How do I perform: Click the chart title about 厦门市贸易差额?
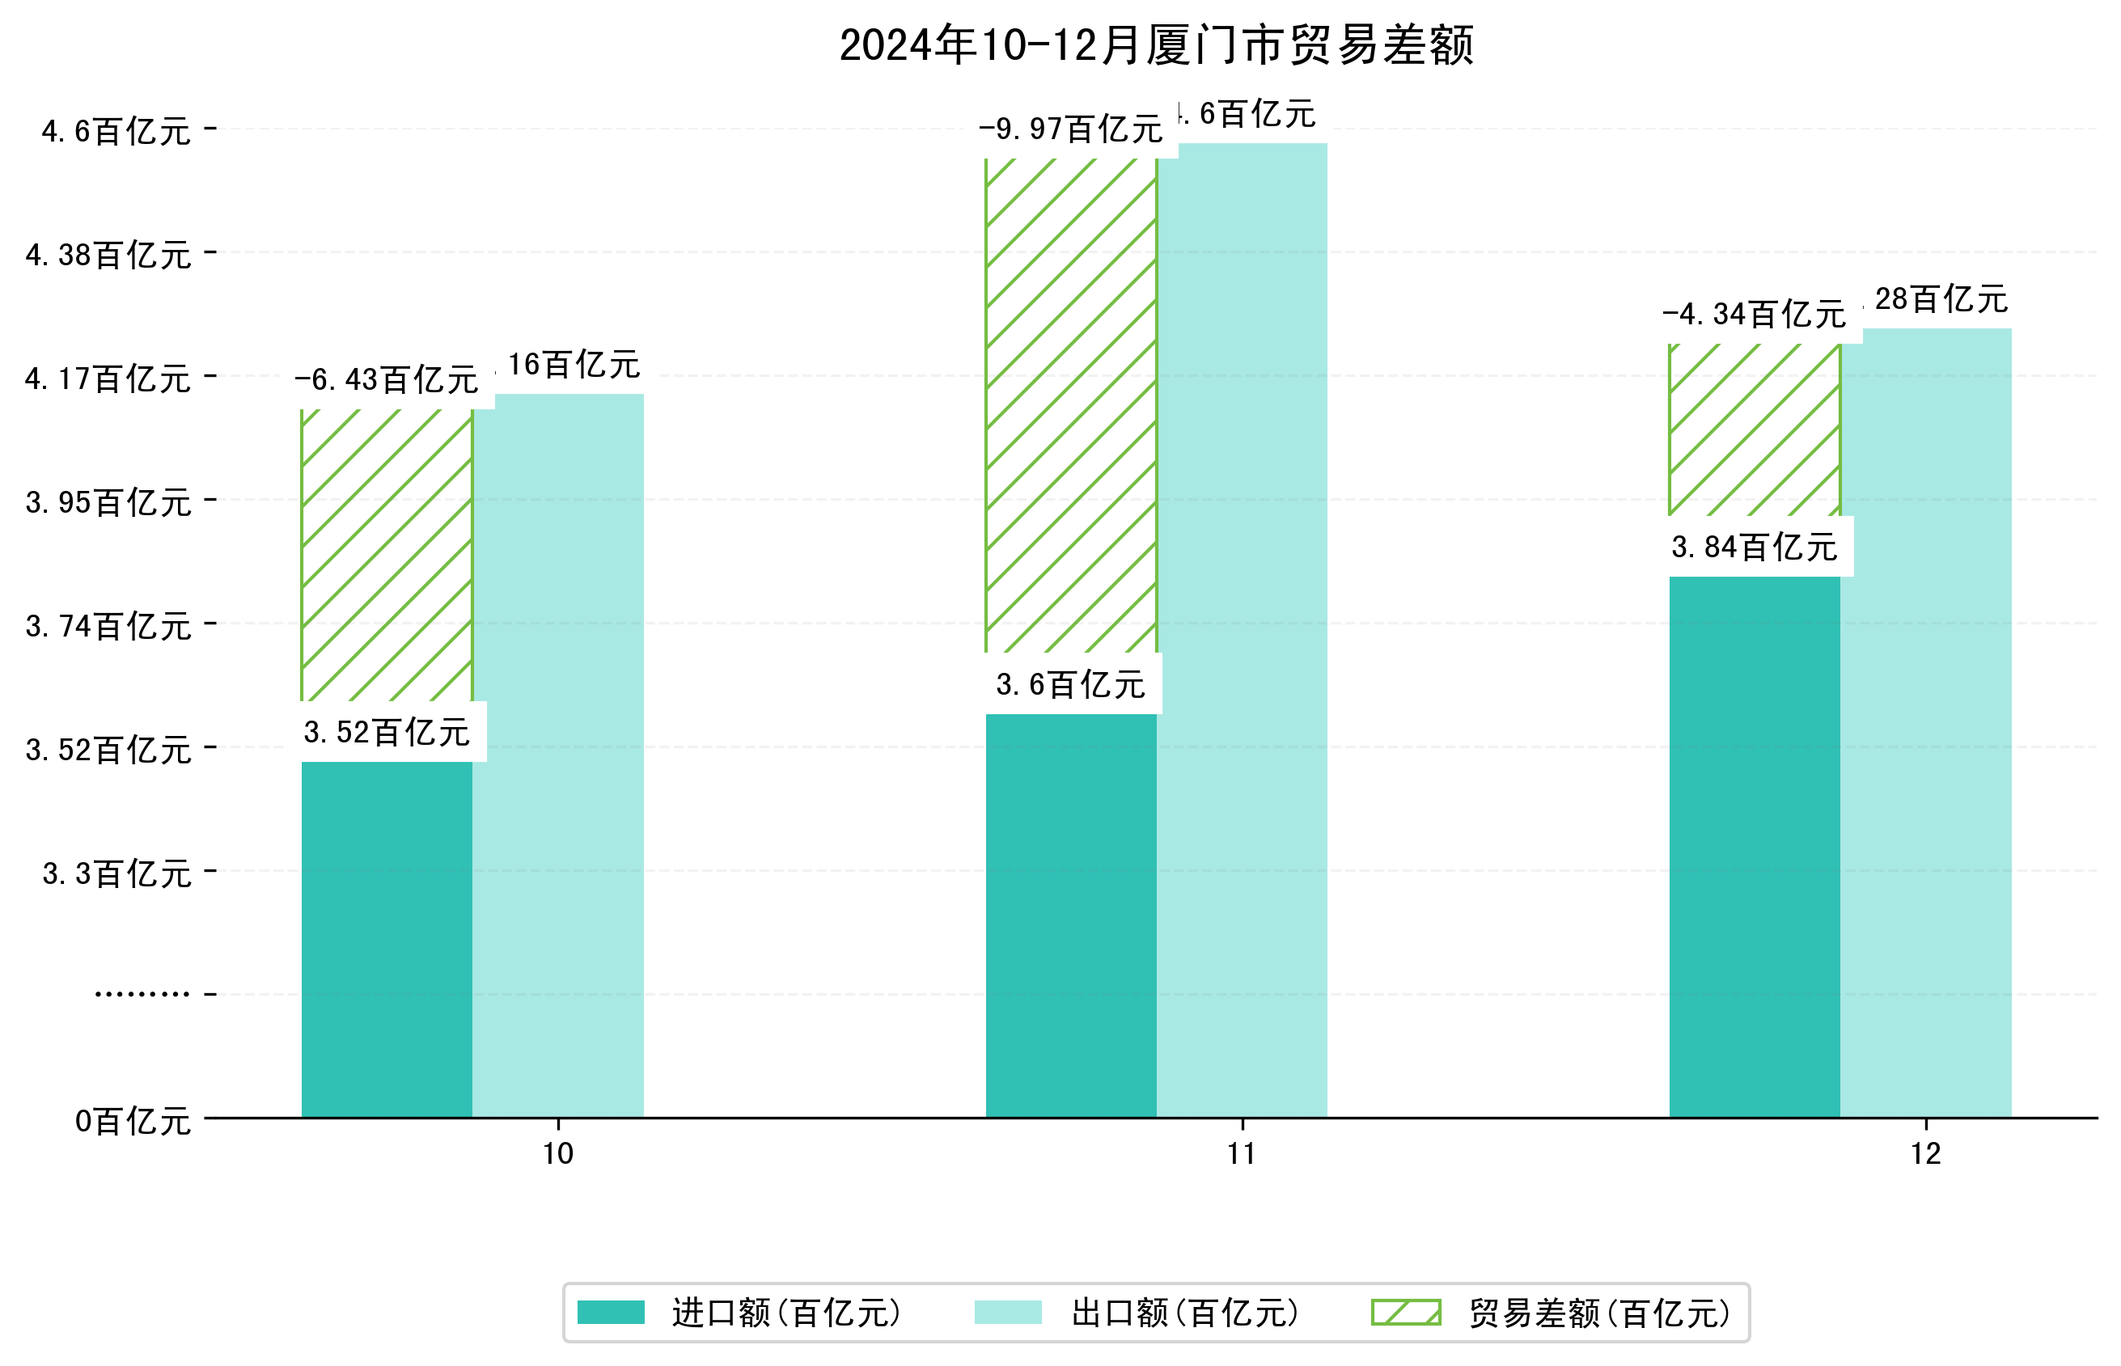click(1156, 45)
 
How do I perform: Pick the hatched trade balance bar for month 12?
click(1754, 429)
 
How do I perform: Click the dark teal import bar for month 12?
click(1754, 846)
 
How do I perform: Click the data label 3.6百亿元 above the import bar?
click(1071, 685)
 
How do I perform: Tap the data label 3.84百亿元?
click(1754, 548)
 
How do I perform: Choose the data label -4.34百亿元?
click(1754, 315)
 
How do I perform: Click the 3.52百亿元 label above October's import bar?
click(387, 733)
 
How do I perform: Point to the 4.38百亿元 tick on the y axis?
click(108, 256)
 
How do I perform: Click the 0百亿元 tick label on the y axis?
click(133, 1121)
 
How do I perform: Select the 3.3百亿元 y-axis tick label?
click(117, 873)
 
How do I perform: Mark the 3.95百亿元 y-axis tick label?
click(108, 503)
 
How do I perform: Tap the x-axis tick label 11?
click(1241, 1153)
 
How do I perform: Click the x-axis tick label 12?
click(1926, 1153)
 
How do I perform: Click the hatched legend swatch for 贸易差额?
click(1406, 1312)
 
